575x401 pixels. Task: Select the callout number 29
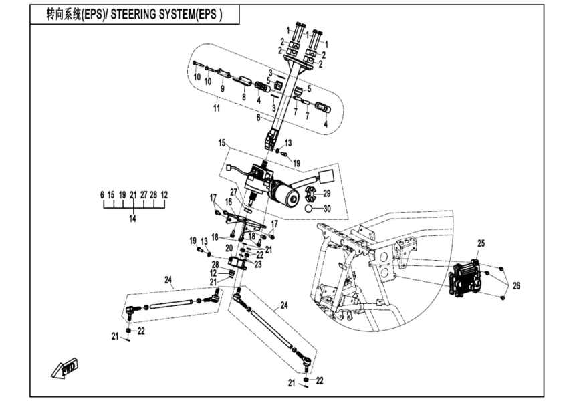pos(327,193)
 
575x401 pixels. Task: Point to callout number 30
pos(327,209)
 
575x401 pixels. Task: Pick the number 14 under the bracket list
pos(133,219)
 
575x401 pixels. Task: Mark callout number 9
pos(222,89)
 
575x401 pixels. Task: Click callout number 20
pos(229,247)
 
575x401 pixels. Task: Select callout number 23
pos(258,264)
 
